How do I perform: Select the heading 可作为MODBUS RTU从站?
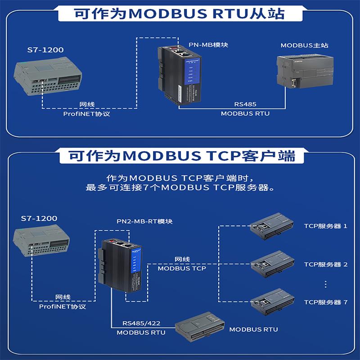(180, 13)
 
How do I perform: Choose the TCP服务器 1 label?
(325, 226)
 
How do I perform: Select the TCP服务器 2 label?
(325, 265)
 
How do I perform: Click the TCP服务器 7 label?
(325, 302)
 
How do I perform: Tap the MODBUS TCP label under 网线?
(182, 269)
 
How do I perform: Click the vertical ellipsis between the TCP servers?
(325, 284)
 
